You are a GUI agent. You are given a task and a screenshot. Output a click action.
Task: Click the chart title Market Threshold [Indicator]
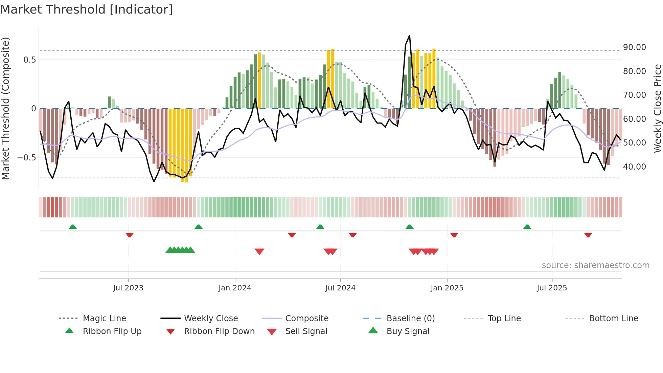[87, 9]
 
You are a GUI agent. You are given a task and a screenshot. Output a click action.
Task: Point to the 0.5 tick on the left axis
[29, 60]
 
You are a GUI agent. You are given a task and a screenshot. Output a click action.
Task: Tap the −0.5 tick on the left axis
[26, 158]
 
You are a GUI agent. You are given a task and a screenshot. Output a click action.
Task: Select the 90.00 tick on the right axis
[634, 47]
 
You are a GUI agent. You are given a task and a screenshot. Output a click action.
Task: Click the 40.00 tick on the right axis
[634, 167]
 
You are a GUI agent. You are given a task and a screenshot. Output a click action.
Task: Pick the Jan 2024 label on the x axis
[235, 288]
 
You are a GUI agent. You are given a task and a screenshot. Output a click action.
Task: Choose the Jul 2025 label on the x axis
[552, 288]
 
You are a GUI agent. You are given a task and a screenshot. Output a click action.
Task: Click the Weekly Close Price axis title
[657, 108]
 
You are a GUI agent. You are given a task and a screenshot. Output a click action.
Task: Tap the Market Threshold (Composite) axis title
[5, 108]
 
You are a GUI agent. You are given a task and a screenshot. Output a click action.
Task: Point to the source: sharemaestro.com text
[595, 265]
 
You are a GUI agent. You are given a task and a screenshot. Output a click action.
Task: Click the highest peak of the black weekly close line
[409, 36]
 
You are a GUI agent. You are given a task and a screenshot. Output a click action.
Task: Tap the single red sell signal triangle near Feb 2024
[259, 251]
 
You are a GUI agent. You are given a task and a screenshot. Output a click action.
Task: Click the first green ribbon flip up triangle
[73, 227]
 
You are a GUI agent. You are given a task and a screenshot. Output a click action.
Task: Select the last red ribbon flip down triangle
[588, 235]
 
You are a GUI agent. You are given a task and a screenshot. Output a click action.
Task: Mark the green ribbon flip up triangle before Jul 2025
[527, 227]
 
